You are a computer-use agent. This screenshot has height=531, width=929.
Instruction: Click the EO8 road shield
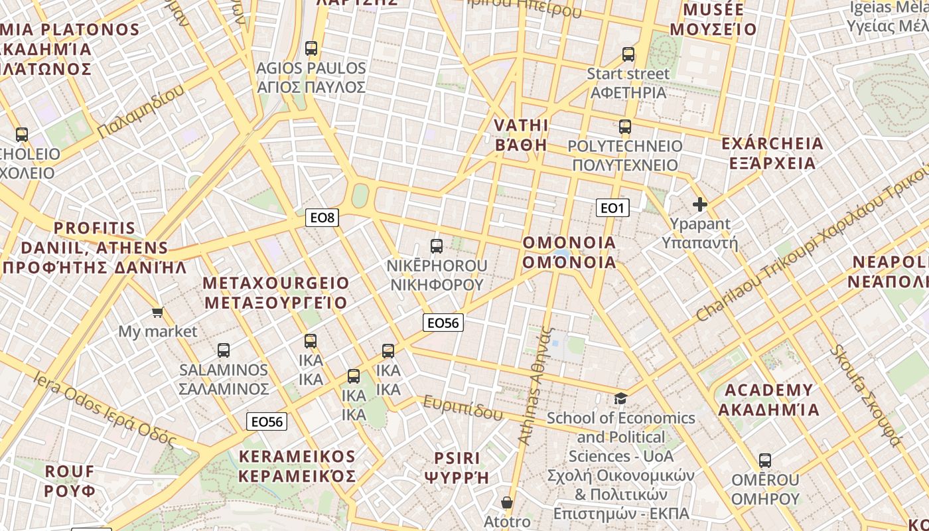click(322, 217)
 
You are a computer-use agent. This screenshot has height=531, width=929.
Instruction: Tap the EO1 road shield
click(612, 208)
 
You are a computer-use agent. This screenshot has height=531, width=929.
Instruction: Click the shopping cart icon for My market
click(157, 312)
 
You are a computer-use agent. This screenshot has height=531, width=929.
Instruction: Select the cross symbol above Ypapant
click(699, 204)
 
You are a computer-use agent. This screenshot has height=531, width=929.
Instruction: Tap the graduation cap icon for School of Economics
click(620, 398)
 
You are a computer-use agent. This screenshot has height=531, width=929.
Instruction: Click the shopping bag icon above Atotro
click(507, 502)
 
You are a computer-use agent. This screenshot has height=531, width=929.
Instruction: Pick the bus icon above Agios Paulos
click(311, 48)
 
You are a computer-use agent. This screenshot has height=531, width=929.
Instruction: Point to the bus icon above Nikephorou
click(437, 246)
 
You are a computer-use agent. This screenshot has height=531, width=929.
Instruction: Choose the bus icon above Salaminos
click(224, 350)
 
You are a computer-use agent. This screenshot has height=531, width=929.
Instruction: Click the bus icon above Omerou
click(764, 460)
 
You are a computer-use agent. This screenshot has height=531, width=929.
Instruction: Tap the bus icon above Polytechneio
click(624, 126)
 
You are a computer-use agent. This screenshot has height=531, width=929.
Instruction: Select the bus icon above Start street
click(628, 54)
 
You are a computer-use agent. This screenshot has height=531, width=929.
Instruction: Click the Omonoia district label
click(569, 252)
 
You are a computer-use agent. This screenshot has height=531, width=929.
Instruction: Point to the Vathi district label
click(521, 135)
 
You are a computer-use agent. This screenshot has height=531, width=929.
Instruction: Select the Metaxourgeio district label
click(275, 293)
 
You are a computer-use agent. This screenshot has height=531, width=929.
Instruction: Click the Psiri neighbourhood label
click(457, 467)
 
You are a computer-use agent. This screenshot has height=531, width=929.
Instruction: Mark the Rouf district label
click(70, 481)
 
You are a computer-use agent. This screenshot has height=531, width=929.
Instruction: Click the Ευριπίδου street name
click(463, 408)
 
